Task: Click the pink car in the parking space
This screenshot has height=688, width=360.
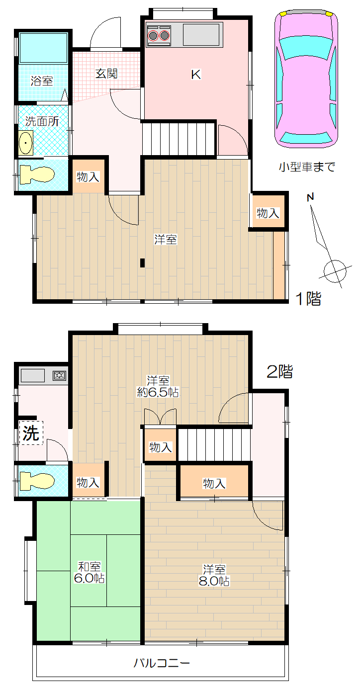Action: (306, 79)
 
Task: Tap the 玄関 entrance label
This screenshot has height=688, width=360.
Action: (106, 74)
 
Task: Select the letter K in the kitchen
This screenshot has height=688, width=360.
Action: (196, 75)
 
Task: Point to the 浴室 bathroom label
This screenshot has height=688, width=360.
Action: (42, 81)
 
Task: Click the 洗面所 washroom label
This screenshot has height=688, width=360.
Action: (42, 121)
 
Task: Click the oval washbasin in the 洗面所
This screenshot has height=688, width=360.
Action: (26, 143)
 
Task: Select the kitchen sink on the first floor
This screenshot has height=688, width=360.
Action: (201, 34)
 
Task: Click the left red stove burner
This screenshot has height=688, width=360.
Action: (153, 36)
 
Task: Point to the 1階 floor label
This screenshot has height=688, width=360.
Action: (308, 299)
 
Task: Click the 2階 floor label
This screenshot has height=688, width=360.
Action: (279, 371)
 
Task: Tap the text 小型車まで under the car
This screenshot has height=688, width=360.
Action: (307, 167)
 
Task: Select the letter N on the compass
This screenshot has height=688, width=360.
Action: (311, 197)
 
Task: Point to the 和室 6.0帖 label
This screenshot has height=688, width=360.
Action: (89, 572)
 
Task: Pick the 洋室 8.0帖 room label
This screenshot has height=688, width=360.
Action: (214, 575)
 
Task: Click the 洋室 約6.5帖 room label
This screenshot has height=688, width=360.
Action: (158, 387)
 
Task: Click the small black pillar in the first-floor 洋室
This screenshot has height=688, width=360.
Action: (142, 263)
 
